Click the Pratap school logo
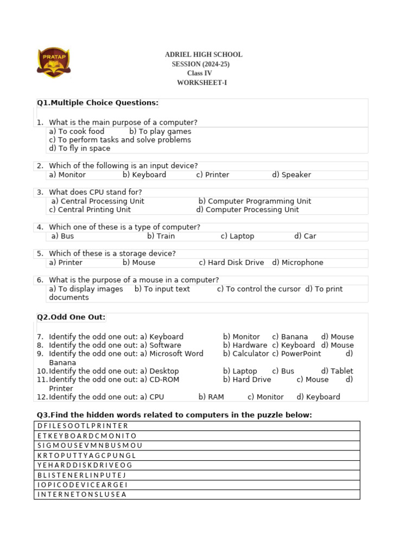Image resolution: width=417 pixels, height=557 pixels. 53,62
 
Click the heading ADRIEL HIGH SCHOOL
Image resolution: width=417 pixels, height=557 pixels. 204,55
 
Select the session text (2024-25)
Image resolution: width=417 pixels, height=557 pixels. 201,64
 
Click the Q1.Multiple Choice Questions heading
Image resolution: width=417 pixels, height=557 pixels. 98,103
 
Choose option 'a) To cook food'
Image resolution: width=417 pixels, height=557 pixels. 77,132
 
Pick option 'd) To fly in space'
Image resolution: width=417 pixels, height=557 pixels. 79,148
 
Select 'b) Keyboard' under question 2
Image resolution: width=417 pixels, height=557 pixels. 144,175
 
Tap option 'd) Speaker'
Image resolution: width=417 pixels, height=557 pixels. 292,175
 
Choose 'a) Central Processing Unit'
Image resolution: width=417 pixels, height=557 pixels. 98,201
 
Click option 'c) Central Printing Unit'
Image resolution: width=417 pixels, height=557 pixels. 90,210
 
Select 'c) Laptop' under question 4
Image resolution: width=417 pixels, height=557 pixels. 237,237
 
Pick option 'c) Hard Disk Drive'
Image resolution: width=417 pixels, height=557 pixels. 231,263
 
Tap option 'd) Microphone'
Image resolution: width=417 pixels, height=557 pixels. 298,263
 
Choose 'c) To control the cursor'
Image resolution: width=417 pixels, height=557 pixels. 258,289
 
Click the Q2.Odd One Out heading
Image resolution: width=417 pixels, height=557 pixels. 71,317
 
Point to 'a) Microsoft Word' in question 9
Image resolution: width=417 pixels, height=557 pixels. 172,354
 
